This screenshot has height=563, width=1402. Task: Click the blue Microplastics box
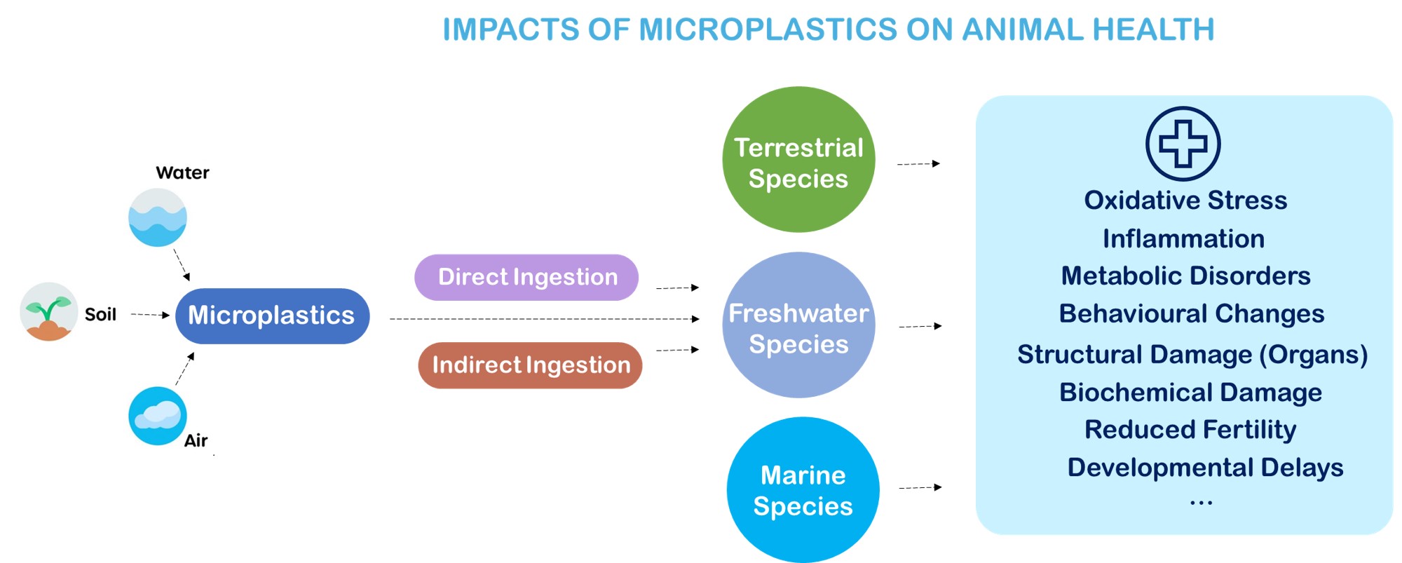pos(272,316)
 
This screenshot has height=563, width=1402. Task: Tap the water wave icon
pos(158,217)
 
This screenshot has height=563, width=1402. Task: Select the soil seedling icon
pos(48,311)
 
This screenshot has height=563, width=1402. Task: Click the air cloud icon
pos(158,416)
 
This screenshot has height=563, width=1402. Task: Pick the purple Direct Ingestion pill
pos(526,277)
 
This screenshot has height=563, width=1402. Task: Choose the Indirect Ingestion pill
pos(530,365)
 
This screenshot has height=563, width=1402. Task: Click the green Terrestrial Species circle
pos(798,160)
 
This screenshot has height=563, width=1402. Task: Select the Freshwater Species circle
pos(798,325)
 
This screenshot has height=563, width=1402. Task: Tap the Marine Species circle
pos(803,490)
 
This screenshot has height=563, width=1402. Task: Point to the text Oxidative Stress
pos(1186,201)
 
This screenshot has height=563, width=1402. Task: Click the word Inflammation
pos(1184,239)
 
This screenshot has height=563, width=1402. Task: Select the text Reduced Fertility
pos(1190,430)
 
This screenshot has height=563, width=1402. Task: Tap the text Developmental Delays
pos(1205,468)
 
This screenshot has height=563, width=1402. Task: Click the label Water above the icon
pos(182,172)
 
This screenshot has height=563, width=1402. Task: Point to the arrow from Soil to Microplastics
pos(151,315)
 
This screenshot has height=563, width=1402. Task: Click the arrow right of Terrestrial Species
pos(919,164)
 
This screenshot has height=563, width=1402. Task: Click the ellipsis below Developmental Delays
pos(1201,502)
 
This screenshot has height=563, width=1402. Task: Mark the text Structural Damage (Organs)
pos(1192,355)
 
